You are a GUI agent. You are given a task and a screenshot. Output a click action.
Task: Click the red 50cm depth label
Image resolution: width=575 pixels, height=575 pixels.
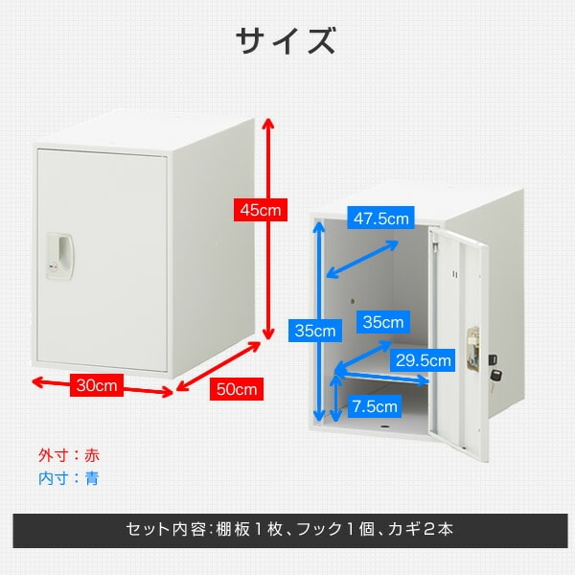(236, 390)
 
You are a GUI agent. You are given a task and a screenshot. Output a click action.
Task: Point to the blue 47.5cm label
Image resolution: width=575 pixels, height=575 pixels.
(380, 218)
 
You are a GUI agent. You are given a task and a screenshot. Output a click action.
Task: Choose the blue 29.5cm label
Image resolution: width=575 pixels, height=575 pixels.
(423, 360)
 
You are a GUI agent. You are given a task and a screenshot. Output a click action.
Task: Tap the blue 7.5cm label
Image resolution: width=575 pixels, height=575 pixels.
(374, 405)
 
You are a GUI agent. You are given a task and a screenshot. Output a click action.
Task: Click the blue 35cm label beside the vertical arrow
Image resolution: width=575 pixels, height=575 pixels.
(314, 331)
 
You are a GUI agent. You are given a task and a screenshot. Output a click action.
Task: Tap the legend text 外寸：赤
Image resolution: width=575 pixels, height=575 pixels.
(68, 455)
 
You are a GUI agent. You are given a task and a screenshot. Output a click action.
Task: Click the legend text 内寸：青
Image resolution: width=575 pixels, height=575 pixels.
(68, 477)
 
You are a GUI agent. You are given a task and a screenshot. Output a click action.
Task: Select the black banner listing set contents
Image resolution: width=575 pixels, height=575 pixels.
(287, 529)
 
